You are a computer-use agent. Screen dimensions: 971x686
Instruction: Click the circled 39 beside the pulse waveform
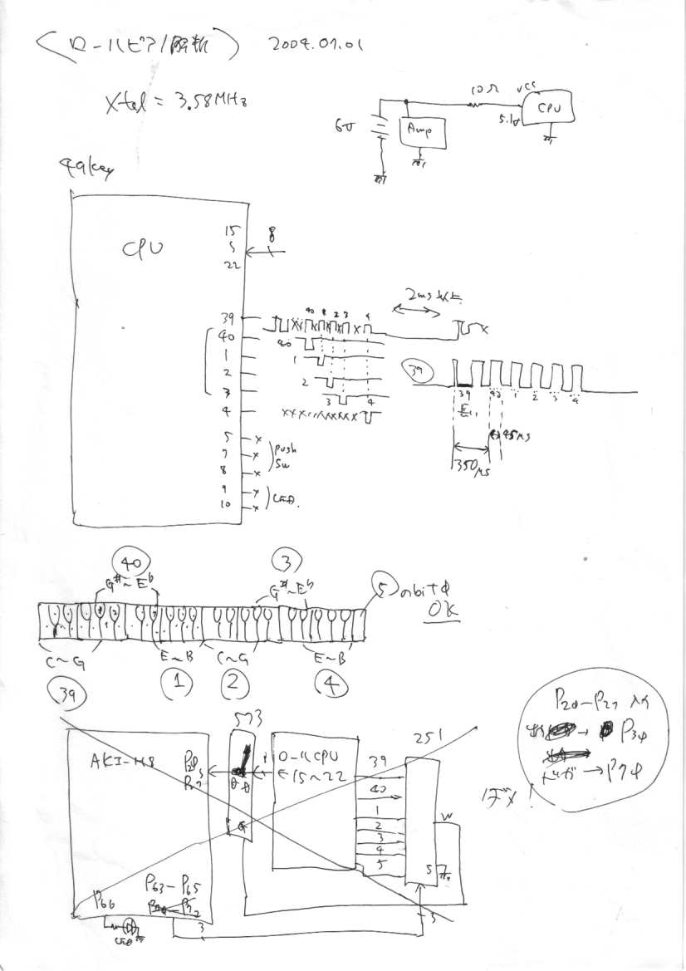[x=415, y=371]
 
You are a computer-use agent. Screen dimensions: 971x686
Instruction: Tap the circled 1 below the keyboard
[x=177, y=683]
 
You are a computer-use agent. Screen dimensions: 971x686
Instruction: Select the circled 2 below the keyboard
[x=234, y=683]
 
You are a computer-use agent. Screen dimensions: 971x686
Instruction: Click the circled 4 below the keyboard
[x=331, y=685]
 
